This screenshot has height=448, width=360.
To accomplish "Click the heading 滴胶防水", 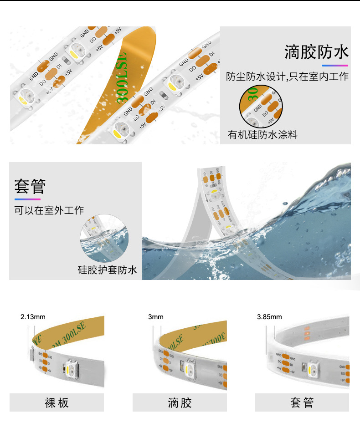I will [x=317, y=52].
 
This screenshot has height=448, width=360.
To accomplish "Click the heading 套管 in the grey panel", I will [x=30, y=187].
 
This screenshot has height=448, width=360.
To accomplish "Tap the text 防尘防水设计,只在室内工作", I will [x=288, y=76].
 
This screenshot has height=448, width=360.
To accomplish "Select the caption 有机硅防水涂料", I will [x=262, y=135].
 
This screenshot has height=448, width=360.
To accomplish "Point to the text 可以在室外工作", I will [x=49, y=210].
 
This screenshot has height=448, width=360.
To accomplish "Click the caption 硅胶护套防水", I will [x=107, y=270].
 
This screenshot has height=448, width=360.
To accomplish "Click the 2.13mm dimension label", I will [x=33, y=317].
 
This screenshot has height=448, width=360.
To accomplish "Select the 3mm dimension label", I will [x=155, y=317].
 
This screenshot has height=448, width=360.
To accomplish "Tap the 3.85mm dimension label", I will [x=269, y=317].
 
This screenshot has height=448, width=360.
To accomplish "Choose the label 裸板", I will [x=57, y=402].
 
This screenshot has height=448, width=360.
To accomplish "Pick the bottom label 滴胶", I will [x=180, y=402].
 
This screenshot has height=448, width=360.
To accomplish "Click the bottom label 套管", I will [x=302, y=402].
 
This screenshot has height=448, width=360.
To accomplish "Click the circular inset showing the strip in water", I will [x=103, y=238].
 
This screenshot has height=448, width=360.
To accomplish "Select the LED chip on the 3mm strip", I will [x=190, y=368].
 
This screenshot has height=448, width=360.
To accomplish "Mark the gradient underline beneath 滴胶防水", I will [x=335, y=66].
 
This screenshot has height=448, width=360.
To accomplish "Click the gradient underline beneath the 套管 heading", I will [x=27, y=199].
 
